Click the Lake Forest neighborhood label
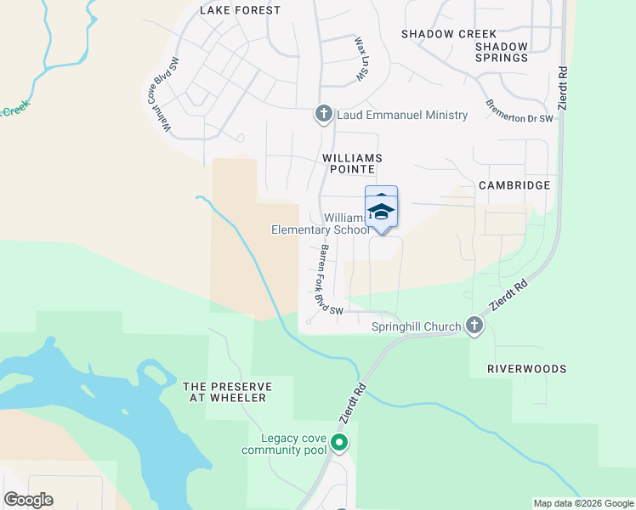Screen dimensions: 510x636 (240, 10)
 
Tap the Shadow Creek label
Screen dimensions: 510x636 (437, 34)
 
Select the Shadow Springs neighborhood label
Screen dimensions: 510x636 (502, 53)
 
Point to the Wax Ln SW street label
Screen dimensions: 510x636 (360, 59)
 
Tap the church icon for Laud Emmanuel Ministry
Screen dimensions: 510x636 (323, 114)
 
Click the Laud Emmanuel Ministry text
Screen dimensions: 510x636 (402, 115)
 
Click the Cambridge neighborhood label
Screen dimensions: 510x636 (514, 184)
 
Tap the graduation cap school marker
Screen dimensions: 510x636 (382, 211)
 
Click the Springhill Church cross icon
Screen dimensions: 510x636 (474, 326)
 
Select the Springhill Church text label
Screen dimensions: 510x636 (417, 326)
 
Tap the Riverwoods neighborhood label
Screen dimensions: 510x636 (526, 370)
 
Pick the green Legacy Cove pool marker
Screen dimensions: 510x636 (339, 442)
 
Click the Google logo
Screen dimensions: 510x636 (28, 500)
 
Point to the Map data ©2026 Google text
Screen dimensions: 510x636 (583, 503)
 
